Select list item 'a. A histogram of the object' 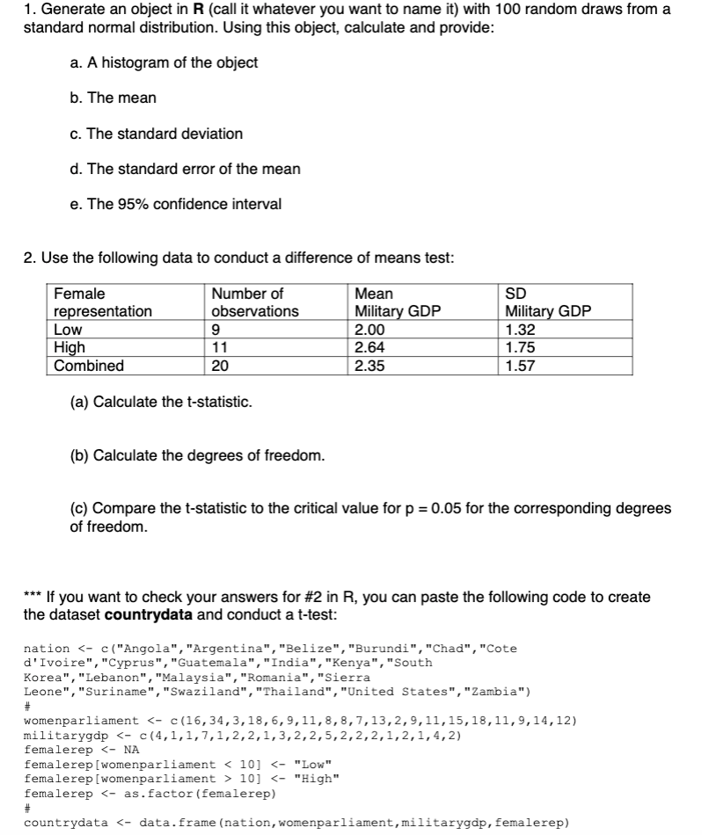(163, 62)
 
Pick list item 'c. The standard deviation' (156, 134)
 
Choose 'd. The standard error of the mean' (184, 169)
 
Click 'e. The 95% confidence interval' (175, 204)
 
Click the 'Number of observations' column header (255, 302)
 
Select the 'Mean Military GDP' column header (396, 302)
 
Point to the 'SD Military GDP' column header (548, 302)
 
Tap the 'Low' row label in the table (68, 330)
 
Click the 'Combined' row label (89, 366)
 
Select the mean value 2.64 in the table (369, 348)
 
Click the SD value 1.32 (522, 330)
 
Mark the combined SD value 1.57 (522, 366)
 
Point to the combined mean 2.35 (369, 366)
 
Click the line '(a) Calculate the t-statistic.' (161, 402)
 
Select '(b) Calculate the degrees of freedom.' (197, 455)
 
